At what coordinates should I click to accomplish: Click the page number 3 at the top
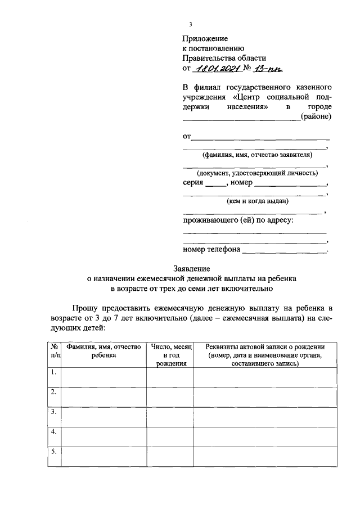(x=191, y=24)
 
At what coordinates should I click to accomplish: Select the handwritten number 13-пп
(x=270, y=69)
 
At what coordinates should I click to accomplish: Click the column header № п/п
(x=54, y=352)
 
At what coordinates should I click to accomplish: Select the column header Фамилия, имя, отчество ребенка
(x=103, y=352)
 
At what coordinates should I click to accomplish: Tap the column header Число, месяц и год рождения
(x=170, y=355)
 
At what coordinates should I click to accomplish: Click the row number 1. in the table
(x=53, y=372)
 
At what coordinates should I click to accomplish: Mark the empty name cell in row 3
(x=103, y=416)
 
